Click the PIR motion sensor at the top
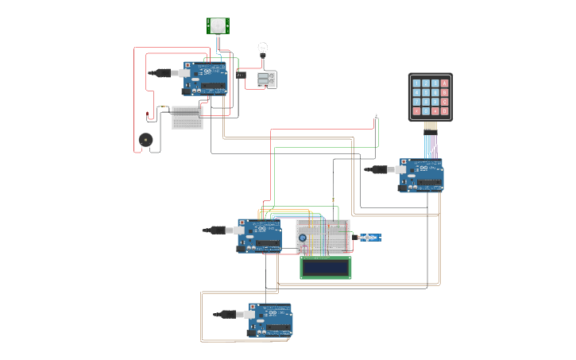tap(218, 25)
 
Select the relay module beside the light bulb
tap(266, 79)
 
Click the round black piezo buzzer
tap(145, 138)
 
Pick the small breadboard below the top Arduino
tap(187, 116)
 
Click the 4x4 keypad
tap(430, 97)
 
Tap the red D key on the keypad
tap(444, 111)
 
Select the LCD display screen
tap(326, 267)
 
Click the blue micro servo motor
tap(370, 237)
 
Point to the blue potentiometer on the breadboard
tap(303, 236)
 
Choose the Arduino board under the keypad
tap(422, 175)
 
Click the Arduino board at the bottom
tap(269, 319)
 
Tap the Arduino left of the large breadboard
tap(260, 235)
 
